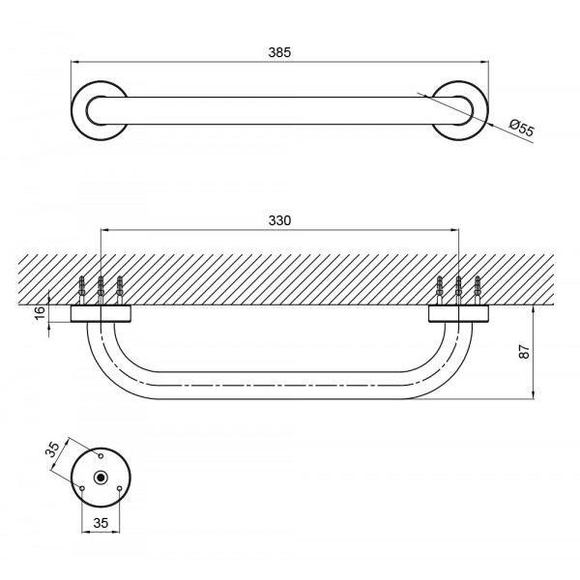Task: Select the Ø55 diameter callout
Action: [x=520, y=126]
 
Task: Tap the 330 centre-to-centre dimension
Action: [x=279, y=220]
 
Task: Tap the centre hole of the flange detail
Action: [x=101, y=478]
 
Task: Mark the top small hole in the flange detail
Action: [x=101, y=453]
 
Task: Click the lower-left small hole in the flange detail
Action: [x=82, y=488]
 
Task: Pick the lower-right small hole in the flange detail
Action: [x=119, y=488]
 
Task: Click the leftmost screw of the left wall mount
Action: [x=83, y=289]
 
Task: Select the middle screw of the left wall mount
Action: [x=101, y=288]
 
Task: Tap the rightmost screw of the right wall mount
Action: [x=477, y=289]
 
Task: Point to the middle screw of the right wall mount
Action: [x=458, y=288]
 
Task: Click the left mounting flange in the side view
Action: [x=101, y=313]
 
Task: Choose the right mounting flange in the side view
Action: [x=458, y=313]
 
